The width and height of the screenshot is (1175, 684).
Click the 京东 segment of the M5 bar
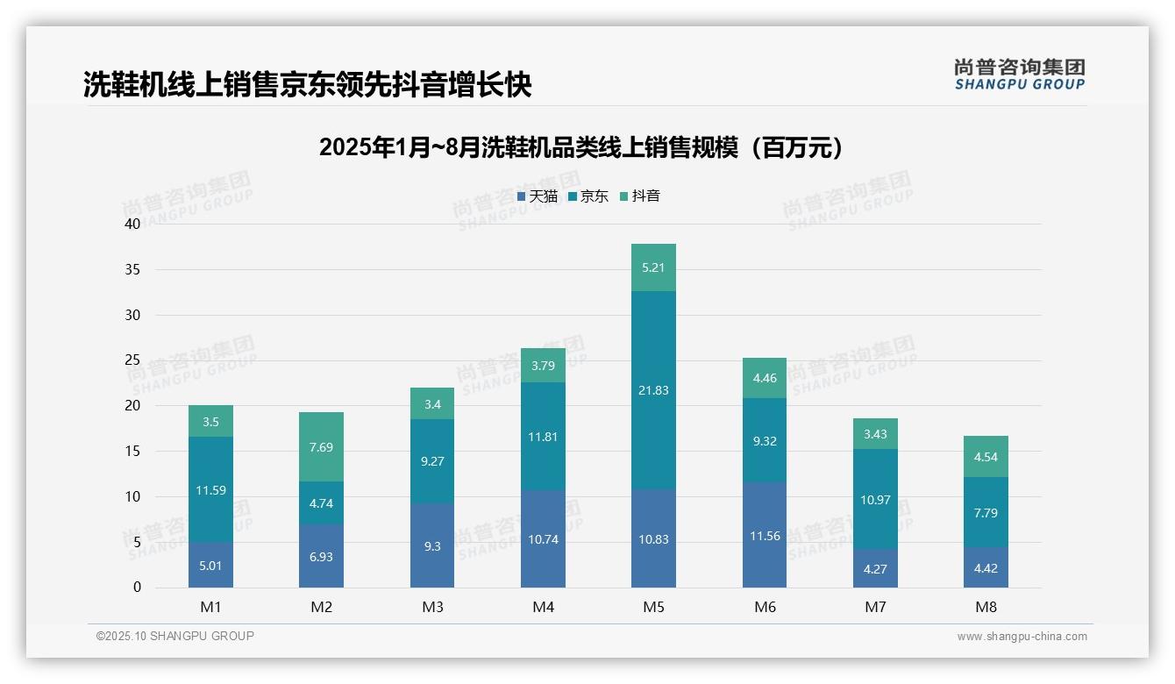point(653,390)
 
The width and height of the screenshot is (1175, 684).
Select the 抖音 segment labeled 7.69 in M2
point(321,447)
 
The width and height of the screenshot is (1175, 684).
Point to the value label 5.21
point(653,267)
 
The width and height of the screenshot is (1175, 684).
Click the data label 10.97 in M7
point(875,500)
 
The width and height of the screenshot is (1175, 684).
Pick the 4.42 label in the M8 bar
point(986,568)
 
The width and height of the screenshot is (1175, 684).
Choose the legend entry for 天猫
point(538,196)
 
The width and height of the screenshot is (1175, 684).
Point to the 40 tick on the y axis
point(132,224)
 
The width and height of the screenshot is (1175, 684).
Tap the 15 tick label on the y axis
point(132,451)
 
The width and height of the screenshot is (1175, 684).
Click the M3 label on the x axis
point(432,607)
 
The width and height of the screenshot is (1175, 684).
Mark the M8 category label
point(986,607)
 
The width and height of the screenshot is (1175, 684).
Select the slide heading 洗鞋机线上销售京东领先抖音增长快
point(307,84)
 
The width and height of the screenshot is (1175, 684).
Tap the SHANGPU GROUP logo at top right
point(1019,75)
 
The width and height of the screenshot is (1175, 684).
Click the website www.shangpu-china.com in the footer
point(1022,637)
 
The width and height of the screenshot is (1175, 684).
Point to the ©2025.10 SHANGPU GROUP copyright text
point(175,637)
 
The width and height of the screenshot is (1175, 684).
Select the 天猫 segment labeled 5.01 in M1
point(210,566)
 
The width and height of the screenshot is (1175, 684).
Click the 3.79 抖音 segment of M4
point(543,366)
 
